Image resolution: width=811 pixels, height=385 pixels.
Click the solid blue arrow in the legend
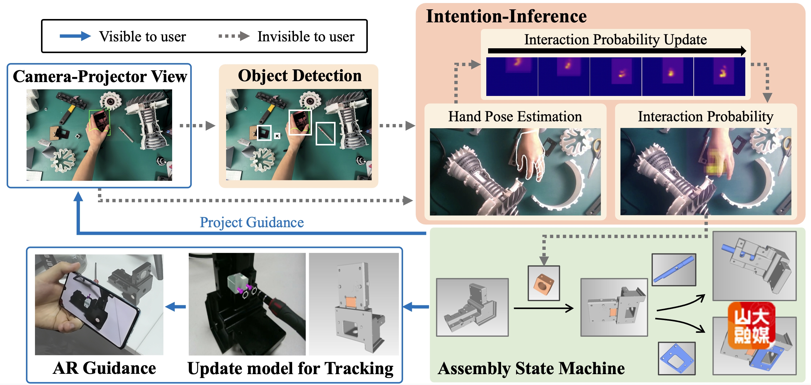75,36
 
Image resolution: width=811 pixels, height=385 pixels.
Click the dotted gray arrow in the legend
234,36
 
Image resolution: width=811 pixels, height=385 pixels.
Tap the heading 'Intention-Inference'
506,16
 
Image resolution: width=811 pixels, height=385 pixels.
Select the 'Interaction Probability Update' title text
615,40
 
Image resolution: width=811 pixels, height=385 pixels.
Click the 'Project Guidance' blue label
251,222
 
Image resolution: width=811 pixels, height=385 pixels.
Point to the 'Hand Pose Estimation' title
515,116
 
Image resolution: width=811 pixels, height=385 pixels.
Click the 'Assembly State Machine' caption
531,368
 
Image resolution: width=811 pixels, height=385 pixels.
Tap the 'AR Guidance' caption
104,368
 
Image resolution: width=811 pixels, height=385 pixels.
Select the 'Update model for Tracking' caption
290,368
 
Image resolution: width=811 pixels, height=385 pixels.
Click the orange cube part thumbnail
543,283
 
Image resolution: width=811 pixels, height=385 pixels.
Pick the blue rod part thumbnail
674,270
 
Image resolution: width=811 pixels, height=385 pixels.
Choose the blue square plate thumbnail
677,358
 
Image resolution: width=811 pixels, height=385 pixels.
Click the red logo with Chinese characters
751,326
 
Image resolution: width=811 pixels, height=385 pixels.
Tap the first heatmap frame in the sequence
512,77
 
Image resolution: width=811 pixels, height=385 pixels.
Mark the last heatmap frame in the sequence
719,77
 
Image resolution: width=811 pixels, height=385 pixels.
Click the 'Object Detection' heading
299,76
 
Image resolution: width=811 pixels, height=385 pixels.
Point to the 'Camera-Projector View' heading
100,77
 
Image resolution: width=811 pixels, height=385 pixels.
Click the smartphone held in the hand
101,307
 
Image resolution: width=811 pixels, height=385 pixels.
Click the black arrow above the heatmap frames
617,51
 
